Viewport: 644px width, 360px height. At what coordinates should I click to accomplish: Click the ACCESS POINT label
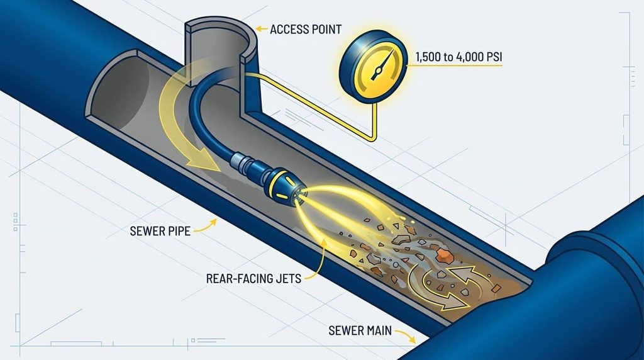click(x=306, y=29)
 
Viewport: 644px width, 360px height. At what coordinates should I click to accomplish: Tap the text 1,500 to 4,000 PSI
click(x=458, y=57)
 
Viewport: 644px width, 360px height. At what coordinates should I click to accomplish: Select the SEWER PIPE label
click(x=160, y=231)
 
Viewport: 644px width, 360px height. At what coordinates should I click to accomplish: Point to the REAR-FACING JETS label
click(x=253, y=279)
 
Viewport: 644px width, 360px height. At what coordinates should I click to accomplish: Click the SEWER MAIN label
click(x=360, y=330)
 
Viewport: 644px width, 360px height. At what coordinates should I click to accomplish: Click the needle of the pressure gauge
click(x=382, y=65)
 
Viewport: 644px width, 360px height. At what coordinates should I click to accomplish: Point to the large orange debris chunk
click(x=443, y=256)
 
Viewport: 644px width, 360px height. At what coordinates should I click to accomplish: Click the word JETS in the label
click(x=288, y=279)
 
